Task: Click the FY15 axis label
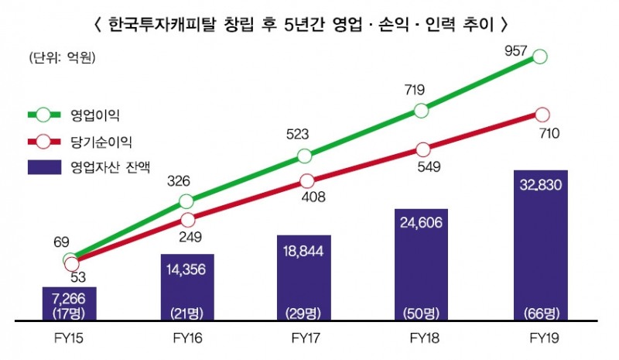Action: point(69,338)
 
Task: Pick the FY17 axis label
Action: point(304,338)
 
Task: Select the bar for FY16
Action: point(186,286)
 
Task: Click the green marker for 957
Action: point(540,57)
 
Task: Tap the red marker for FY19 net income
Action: point(542,114)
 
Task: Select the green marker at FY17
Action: point(304,156)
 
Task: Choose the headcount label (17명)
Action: point(69,313)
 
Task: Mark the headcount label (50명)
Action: point(422,313)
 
